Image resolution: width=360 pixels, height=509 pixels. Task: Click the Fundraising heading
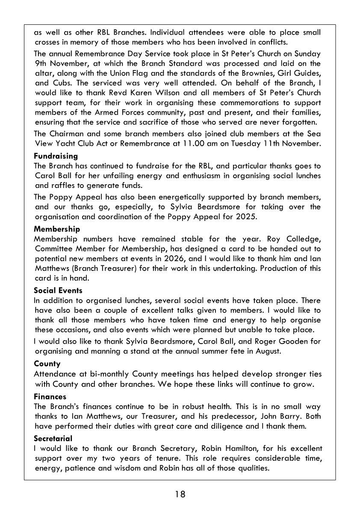tap(56, 156)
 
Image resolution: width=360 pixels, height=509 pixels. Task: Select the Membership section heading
tap(57, 229)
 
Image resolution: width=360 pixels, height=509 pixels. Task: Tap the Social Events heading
tap(58, 291)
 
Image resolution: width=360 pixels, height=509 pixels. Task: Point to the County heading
tap(47, 364)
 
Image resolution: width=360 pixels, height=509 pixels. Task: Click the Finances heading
tap(50, 397)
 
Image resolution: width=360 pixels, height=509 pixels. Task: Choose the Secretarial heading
tap(53, 438)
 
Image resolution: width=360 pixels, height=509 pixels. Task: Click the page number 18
tap(180, 494)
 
